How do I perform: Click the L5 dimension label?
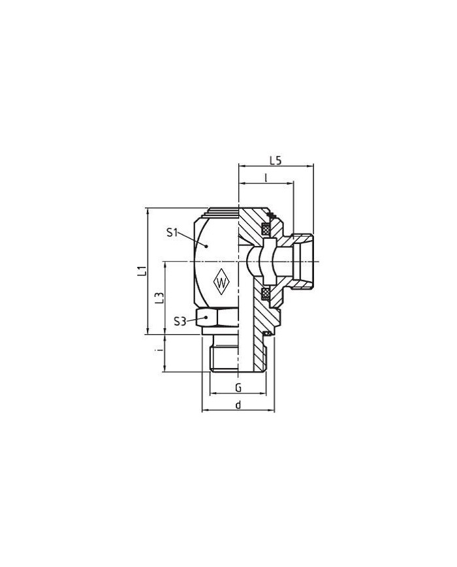[x=276, y=160]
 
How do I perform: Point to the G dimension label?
[x=238, y=388]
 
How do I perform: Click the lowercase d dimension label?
[x=238, y=405]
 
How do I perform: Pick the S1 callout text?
[x=172, y=232]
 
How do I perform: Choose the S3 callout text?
[x=180, y=321]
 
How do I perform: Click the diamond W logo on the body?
[x=221, y=282]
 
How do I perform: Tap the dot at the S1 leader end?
[x=206, y=246]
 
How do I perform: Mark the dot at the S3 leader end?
[x=206, y=317]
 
